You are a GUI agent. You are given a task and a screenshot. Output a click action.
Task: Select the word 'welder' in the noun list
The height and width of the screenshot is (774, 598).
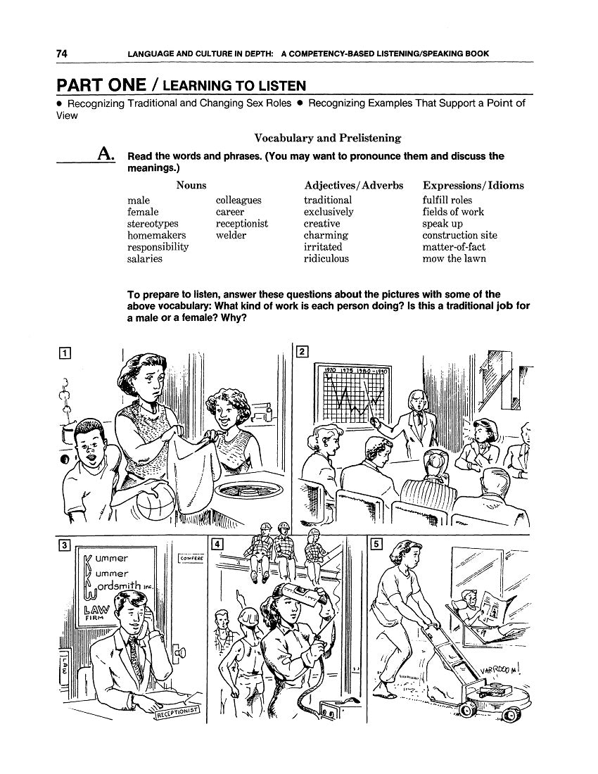[x=231, y=236]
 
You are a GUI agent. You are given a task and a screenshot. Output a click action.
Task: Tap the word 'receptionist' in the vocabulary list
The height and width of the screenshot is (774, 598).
[x=241, y=224]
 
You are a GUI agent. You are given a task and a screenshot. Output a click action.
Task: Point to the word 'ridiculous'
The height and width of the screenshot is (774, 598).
[x=326, y=259]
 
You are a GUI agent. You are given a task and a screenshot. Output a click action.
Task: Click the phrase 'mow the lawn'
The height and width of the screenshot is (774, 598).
[x=454, y=259]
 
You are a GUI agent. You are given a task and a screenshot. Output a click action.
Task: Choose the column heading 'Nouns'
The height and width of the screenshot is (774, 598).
[x=191, y=185]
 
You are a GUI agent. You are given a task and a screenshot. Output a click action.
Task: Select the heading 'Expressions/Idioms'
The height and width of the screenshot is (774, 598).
[x=473, y=185]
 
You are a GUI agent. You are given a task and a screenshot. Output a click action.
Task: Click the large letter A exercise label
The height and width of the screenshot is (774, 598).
[x=107, y=155]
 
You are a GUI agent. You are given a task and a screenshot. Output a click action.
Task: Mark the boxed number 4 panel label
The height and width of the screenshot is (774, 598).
[x=217, y=544]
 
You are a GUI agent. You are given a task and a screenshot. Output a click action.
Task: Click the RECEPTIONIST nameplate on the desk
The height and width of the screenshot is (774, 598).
[x=179, y=714]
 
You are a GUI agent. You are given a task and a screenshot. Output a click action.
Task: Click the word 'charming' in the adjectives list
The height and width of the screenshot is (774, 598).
[x=326, y=236]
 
